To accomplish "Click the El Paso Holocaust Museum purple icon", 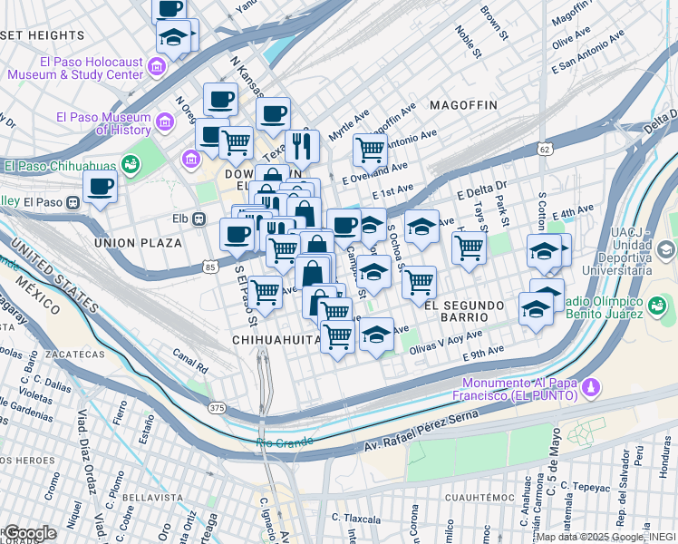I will (x=157, y=67).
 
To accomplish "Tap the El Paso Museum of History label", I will (x=102, y=123).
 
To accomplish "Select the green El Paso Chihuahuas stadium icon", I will (x=131, y=164).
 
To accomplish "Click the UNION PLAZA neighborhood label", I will (x=137, y=243).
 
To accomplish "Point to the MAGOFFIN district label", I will (x=463, y=105).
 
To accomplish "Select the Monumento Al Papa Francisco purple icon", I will (x=591, y=388).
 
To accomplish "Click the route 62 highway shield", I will (x=543, y=147).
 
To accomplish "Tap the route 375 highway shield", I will (x=219, y=409).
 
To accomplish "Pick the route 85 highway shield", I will (x=210, y=267).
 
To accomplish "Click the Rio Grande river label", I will (x=284, y=442).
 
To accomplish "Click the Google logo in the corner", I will (x=29, y=532).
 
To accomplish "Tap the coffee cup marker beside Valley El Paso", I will (x=100, y=188).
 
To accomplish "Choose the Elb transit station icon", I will (x=199, y=219).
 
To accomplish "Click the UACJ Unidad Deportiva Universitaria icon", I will (x=666, y=248).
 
